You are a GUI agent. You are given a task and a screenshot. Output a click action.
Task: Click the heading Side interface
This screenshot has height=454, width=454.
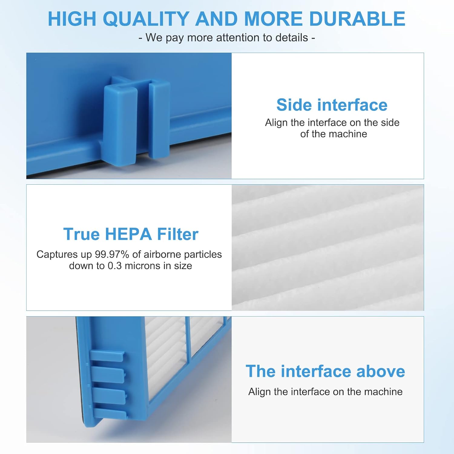[332, 105]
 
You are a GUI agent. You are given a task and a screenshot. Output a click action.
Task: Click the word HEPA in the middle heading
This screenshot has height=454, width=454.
[128, 234]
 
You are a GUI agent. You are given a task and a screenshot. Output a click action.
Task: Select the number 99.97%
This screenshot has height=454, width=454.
[112, 254]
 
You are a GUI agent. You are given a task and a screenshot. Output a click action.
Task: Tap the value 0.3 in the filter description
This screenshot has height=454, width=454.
[115, 266]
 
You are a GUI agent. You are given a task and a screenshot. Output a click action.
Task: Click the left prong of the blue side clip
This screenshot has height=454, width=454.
[120, 124]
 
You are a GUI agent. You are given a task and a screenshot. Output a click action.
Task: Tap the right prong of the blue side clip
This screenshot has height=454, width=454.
[159, 120]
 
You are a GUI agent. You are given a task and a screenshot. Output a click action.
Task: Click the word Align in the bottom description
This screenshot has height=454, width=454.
[260, 392]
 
